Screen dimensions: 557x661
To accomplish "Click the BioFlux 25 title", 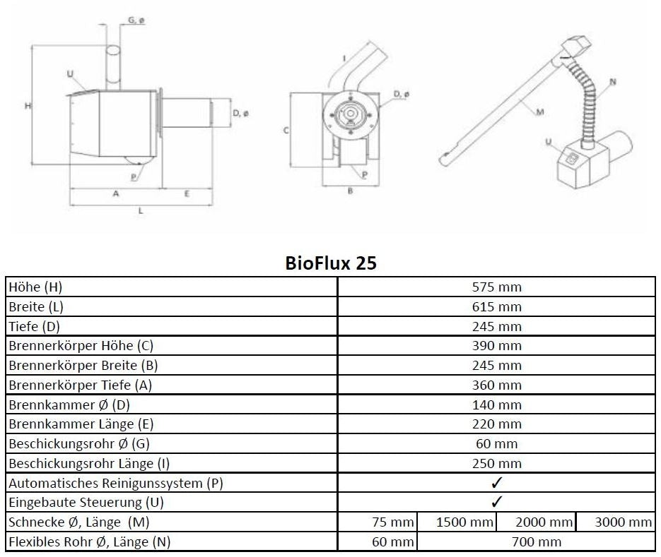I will pyautogui.click(x=331, y=263).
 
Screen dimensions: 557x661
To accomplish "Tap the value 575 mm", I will pyautogui.click(x=496, y=287).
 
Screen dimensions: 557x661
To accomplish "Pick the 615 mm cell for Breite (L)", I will pyautogui.click(x=496, y=307).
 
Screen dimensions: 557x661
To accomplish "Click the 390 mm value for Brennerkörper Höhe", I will pyautogui.click(x=496, y=346).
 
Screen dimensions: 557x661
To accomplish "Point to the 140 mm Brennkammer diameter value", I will pyautogui.click(x=496, y=405).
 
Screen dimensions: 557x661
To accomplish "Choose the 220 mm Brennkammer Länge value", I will pyautogui.click(x=496, y=424).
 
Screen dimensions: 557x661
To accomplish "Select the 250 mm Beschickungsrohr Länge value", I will pyautogui.click(x=496, y=464).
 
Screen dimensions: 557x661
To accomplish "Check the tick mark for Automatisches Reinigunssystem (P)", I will pyautogui.click(x=496, y=483).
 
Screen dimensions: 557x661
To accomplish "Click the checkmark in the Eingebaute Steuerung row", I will pyautogui.click(x=496, y=502).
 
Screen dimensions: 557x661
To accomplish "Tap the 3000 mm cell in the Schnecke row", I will pyautogui.click(x=620, y=522).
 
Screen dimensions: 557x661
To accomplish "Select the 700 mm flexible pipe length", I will pyautogui.click(x=536, y=541).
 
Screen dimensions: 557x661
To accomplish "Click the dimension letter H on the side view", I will pyautogui.click(x=27, y=106).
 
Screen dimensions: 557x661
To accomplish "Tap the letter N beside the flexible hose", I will pyautogui.click(x=612, y=82).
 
